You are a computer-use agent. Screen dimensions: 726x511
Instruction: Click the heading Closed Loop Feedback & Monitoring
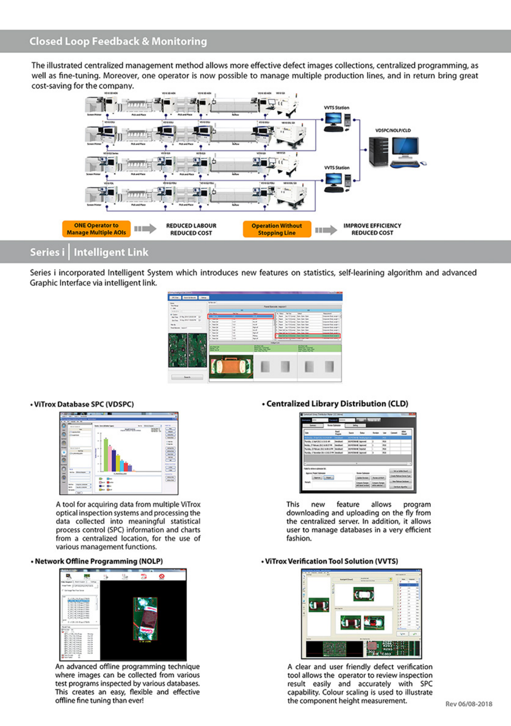click(118, 41)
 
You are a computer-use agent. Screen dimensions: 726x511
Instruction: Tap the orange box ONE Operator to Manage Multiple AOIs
click(96, 229)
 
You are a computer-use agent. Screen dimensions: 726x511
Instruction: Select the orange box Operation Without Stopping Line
click(276, 229)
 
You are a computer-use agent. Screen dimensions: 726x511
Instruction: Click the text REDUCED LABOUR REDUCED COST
click(191, 229)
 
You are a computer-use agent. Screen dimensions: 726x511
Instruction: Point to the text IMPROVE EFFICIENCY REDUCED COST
click(372, 229)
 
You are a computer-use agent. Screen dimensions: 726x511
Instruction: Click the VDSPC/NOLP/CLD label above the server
click(393, 130)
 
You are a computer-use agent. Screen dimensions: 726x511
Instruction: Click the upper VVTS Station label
click(337, 108)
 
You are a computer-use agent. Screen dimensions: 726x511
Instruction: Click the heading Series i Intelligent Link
click(89, 252)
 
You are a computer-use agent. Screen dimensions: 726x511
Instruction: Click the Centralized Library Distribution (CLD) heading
click(337, 404)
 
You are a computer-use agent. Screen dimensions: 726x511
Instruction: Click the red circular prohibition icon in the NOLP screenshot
click(162, 576)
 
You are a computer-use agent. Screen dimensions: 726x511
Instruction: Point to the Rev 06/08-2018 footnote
click(469, 704)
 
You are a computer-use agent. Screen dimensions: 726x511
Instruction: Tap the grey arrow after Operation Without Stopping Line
click(325, 230)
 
